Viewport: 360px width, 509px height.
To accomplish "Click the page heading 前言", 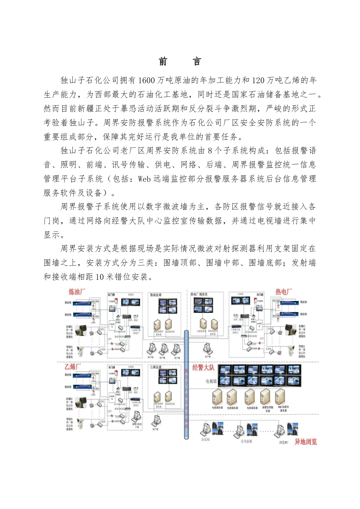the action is [x=180, y=62].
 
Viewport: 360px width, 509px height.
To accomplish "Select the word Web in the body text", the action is [x=144, y=179].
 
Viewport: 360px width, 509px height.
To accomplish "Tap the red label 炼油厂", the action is [x=77, y=292].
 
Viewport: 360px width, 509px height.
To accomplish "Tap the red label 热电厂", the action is [x=283, y=292].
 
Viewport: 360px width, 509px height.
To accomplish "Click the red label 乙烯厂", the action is [x=73, y=367].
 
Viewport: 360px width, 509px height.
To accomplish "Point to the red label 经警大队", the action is [x=203, y=368].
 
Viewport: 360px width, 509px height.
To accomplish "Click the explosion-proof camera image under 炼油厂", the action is [x=81, y=330].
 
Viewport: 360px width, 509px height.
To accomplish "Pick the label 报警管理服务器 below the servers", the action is [x=268, y=409].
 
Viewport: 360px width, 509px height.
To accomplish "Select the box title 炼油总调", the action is [x=155, y=295].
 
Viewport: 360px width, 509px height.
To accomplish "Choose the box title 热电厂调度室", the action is [x=199, y=294].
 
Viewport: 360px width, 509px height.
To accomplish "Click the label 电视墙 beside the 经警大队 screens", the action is [x=211, y=381].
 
